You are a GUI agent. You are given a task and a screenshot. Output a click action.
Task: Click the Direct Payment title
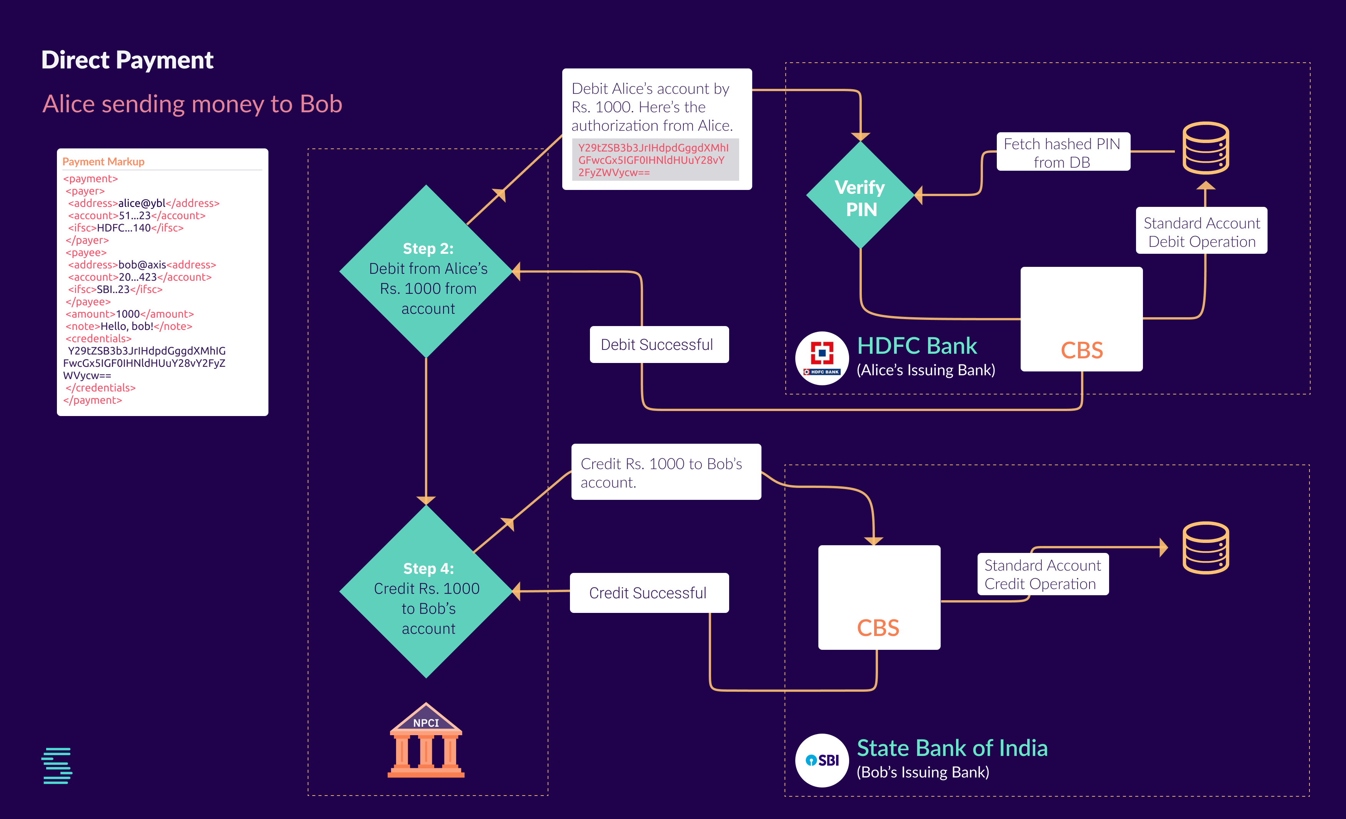127,60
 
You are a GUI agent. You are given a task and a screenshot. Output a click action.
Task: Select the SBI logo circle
821,760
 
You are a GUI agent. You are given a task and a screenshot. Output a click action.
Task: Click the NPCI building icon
426,741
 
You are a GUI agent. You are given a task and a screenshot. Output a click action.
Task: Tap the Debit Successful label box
659,345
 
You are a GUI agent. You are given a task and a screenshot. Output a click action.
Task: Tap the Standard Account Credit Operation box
1042,574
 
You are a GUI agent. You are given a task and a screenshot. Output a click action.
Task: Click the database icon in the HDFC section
1206,148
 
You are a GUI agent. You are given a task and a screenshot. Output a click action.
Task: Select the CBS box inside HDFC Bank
1081,320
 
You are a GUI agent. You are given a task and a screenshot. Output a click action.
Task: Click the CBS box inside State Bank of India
879,597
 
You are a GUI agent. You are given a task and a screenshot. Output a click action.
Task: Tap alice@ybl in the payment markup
142,203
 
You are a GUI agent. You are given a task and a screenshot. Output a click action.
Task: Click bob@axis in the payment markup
142,265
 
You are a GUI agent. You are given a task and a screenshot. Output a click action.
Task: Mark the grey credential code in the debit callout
655,160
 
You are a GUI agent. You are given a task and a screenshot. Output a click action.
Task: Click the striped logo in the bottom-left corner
57,766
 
